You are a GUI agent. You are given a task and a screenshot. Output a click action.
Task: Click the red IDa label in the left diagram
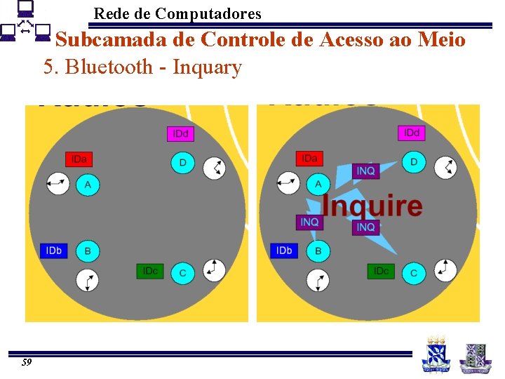pyautogui.click(x=79, y=159)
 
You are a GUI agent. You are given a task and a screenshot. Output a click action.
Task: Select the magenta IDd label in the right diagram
pyautogui.click(x=411, y=133)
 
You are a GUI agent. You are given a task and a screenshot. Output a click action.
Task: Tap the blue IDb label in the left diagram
pyautogui.click(x=53, y=251)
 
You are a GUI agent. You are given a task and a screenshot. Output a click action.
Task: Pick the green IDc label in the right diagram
pyautogui.click(x=381, y=271)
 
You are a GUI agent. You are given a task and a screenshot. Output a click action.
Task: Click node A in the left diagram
pyautogui.click(x=88, y=185)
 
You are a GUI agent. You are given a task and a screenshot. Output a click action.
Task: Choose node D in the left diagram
pyautogui.click(x=183, y=163)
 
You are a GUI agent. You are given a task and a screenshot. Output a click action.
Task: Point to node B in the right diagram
pyautogui.click(x=318, y=251)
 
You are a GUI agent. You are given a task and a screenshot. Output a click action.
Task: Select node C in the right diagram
pyautogui.click(x=414, y=272)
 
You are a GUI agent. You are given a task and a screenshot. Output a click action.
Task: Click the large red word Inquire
pyautogui.click(x=372, y=206)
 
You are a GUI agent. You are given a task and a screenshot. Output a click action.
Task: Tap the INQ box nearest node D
pyautogui.click(x=365, y=171)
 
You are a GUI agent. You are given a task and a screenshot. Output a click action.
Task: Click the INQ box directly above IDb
pyautogui.click(x=309, y=222)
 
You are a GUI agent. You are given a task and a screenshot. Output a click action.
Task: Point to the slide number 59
pyautogui.click(x=27, y=362)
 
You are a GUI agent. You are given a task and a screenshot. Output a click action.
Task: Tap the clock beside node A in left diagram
pyautogui.click(x=58, y=184)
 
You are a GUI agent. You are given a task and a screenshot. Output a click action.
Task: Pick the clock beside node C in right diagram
pyautogui.click(x=445, y=270)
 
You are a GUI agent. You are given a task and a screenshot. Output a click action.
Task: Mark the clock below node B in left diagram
pyautogui.click(x=88, y=280)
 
